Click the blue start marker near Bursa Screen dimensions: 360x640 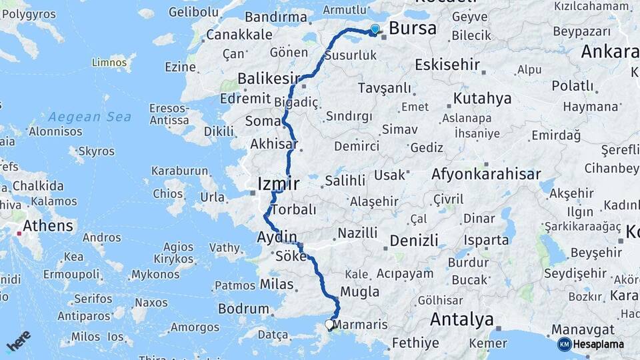click(x=375, y=29)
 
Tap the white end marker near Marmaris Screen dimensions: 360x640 click(x=329, y=325)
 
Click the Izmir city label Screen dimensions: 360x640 click(x=278, y=184)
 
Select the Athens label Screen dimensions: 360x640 click(x=48, y=226)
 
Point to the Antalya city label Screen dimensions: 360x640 click(x=461, y=319)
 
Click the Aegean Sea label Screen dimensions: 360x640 click(x=89, y=117)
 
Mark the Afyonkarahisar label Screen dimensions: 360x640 click(x=486, y=174)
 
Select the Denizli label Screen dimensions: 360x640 click(x=413, y=240)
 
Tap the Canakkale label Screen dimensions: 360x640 click(x=239, y=34)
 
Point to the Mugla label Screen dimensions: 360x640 click(x=359, y=291)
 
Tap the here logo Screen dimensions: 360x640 click(x=19, y=341)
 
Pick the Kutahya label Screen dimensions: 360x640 click(x=482, y=99)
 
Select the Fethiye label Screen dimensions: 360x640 click(x=415, y=343)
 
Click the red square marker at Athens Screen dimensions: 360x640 click(x=19, y=233)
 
